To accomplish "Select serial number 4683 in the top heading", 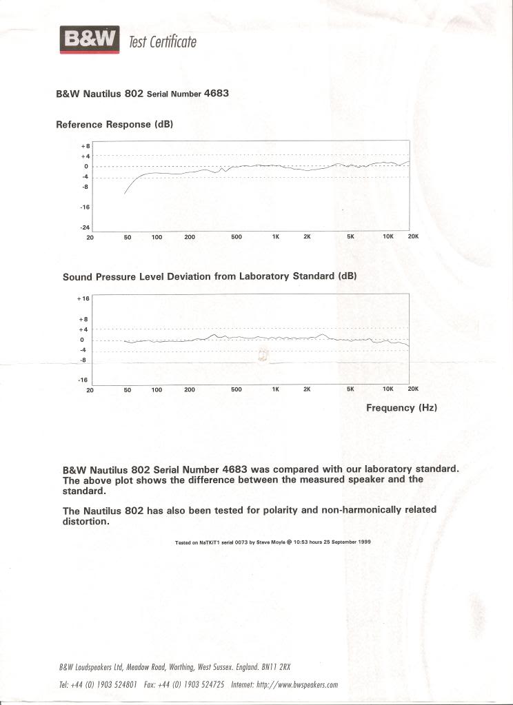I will tap(217, 94).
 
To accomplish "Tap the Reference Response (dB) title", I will tap(114, 125).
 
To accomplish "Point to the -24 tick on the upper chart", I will tap(86, 227).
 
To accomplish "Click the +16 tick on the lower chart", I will tap(83, 298).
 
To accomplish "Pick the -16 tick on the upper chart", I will tap(86, 207).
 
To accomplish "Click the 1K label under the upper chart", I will tap(275, 238).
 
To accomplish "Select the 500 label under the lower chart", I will tap(237, 390).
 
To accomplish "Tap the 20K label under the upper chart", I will tap(413, 237).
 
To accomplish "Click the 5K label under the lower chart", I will tap(350, 390).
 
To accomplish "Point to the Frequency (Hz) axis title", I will tap(401, 408).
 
